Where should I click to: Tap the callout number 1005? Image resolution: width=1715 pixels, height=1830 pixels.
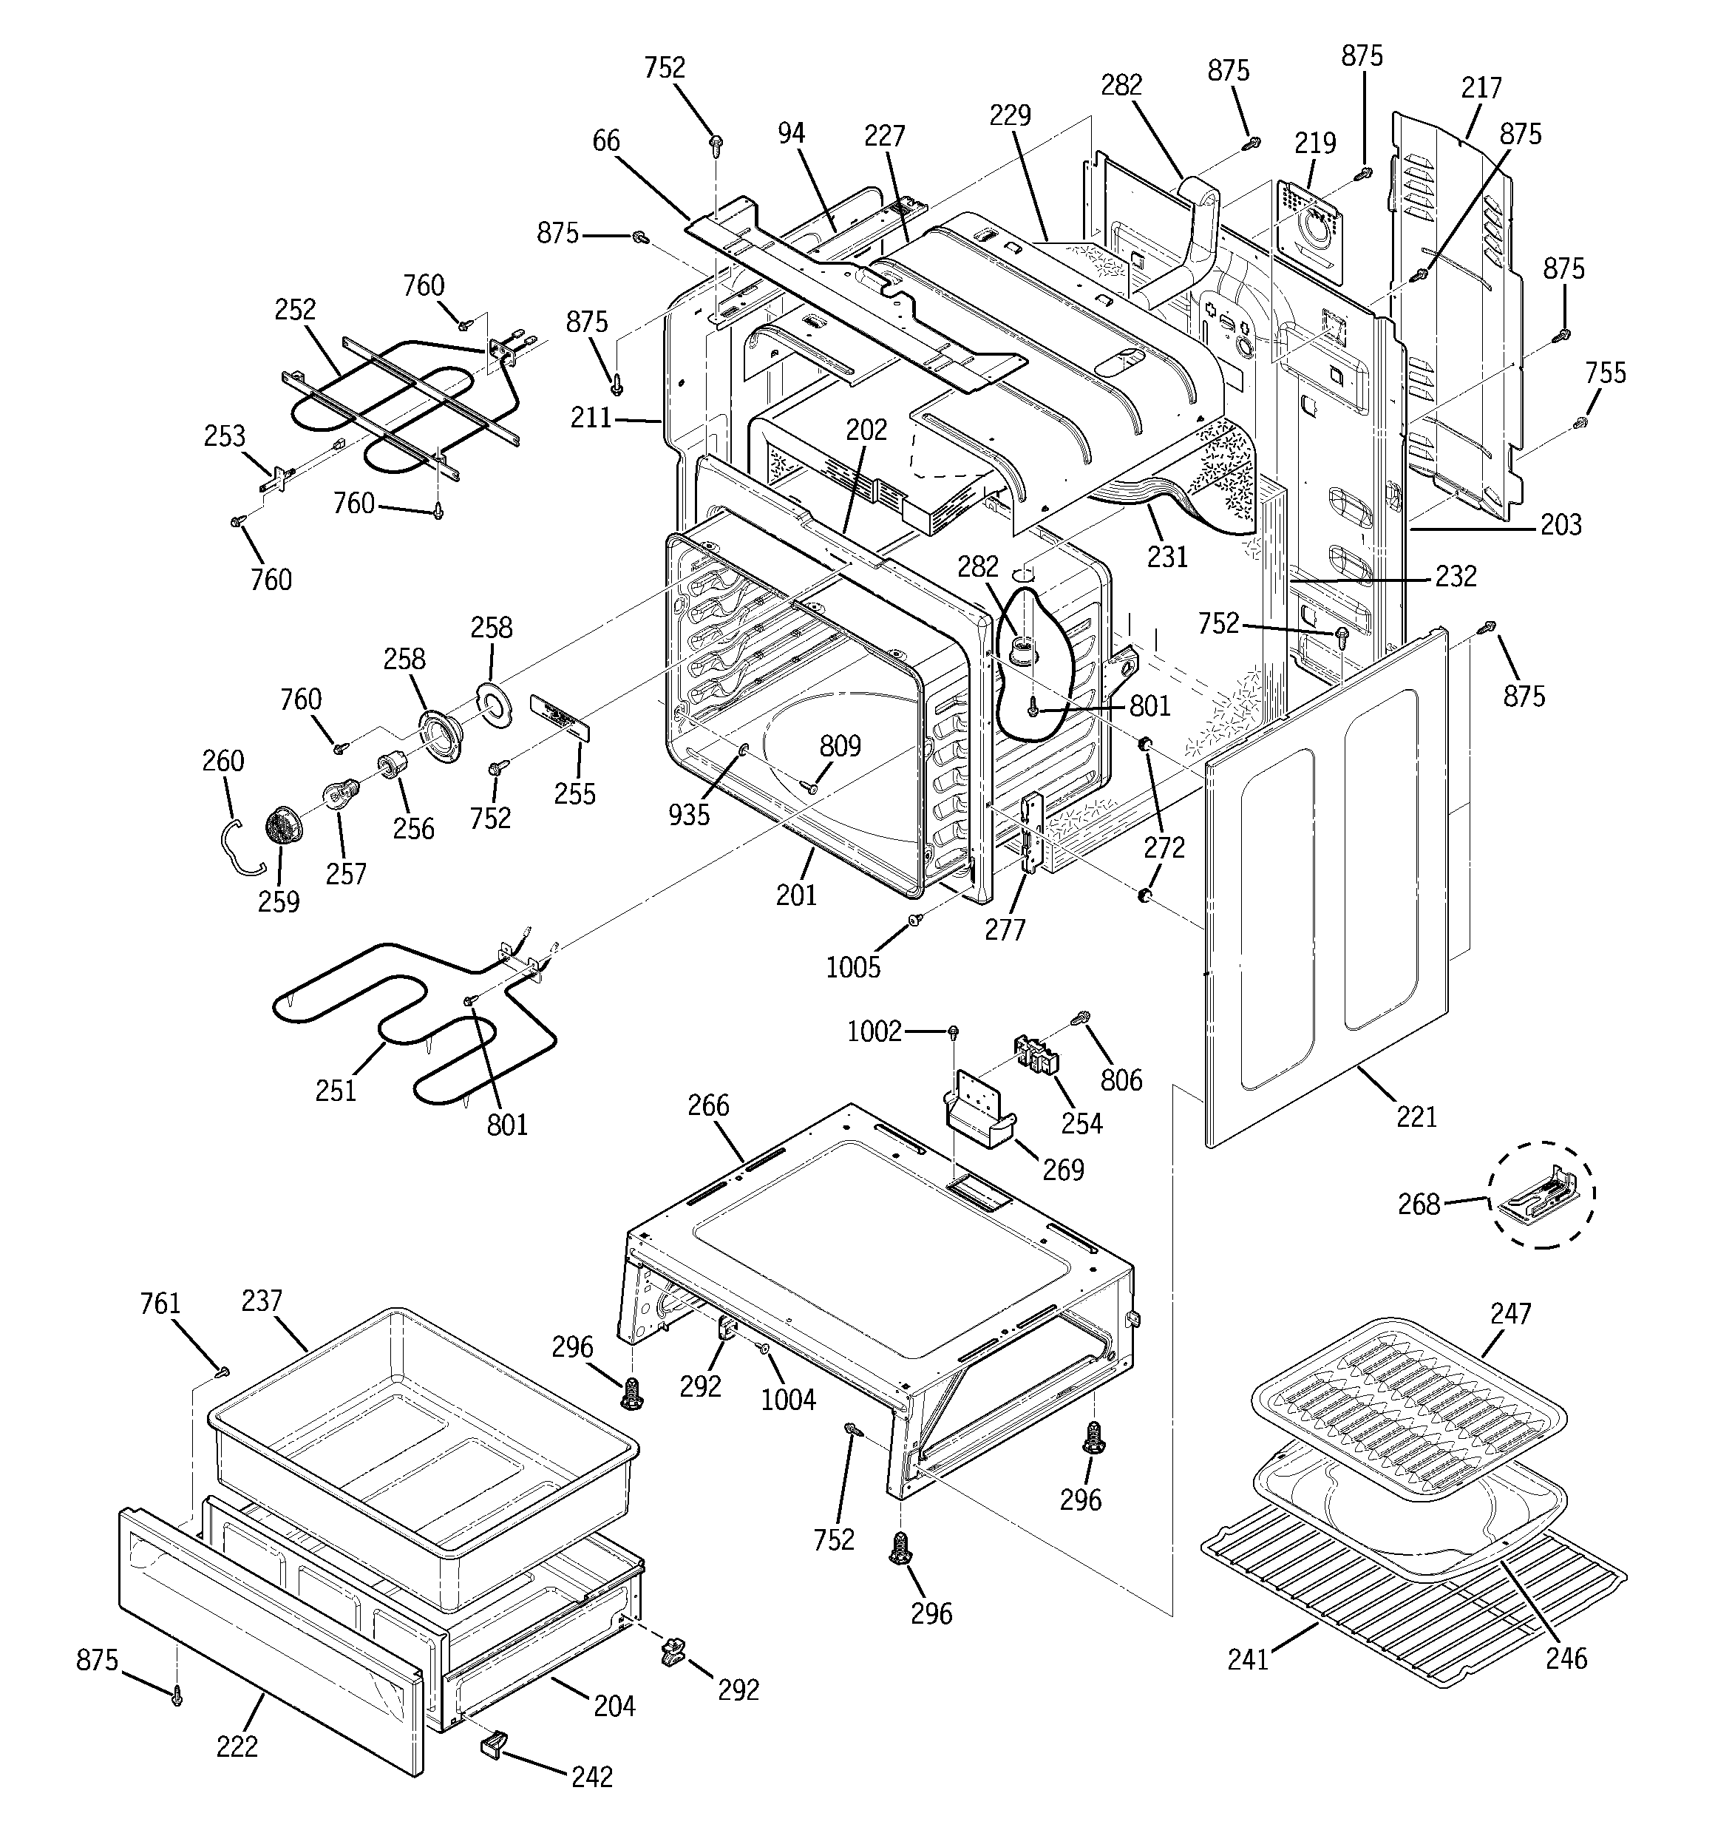(x=852, y=966)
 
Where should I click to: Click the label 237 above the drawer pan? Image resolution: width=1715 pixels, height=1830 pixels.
(x=262, y=1301)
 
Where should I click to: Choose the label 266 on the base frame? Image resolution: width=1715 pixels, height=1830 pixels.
(x=708, y=1105)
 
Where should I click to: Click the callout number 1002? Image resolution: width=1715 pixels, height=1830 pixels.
(x=874, y=1032)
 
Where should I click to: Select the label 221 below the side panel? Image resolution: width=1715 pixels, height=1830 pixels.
(x=1416, y=1116)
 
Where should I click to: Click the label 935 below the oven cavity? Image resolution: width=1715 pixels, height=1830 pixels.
(x=688, y=814)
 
